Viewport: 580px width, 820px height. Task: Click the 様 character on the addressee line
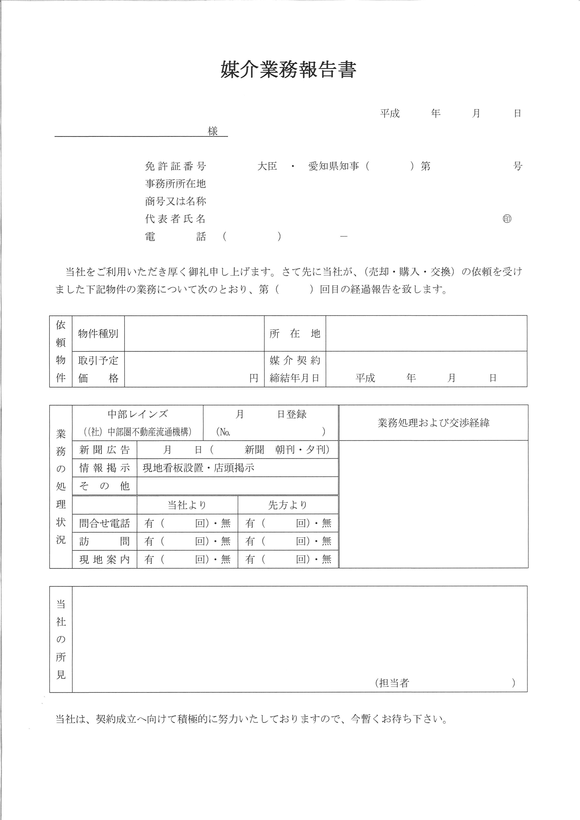tap(213, 131)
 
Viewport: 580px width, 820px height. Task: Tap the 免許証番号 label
tap(175, 166)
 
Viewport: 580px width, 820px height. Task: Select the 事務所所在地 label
tap(175, 184)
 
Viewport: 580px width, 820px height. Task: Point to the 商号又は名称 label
tap(175, 201)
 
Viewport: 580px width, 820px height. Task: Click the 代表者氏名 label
tap(175, 219)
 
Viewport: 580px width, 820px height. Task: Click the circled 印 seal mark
tap(507, 219)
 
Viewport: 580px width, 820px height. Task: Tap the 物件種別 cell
tap(98, 334)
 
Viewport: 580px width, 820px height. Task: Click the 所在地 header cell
tap(295, 334)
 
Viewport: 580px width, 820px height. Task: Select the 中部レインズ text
tap(138, 414)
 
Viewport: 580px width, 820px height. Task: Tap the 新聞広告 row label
tap(104, 450)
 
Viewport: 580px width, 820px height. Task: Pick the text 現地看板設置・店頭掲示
tap(199, 468)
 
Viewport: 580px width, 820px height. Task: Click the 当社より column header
tap(187, 505)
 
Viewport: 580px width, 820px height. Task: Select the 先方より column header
tap(288, 505)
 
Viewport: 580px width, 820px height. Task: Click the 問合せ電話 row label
tap(104, 524)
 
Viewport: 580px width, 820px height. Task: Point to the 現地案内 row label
tap(104, 559)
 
